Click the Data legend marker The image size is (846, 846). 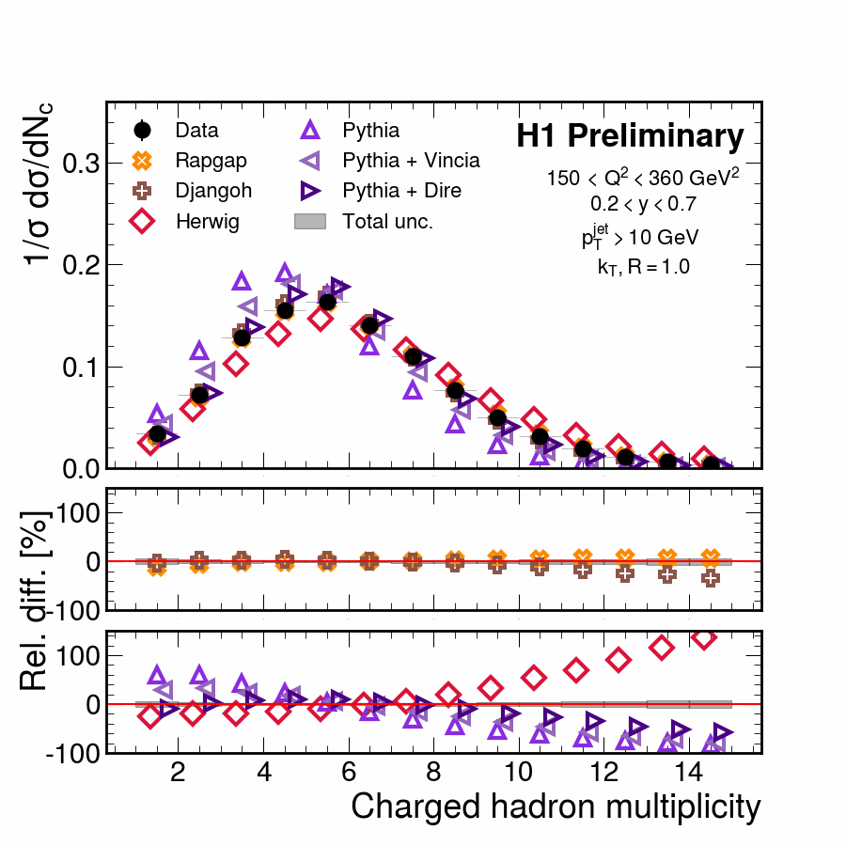[x=143, y=131]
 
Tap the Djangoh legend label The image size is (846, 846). [x=212, y=191]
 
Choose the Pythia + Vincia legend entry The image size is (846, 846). [x=411, y=161]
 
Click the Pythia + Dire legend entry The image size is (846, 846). [x=401, y=191]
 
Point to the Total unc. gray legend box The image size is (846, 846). [x=309, y=221]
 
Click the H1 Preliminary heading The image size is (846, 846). [x=630, y=137]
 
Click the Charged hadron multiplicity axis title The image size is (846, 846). [x=556, y=807]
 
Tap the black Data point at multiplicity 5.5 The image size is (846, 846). [x=327, y=302]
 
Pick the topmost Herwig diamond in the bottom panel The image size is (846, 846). [x=703, y=638]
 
